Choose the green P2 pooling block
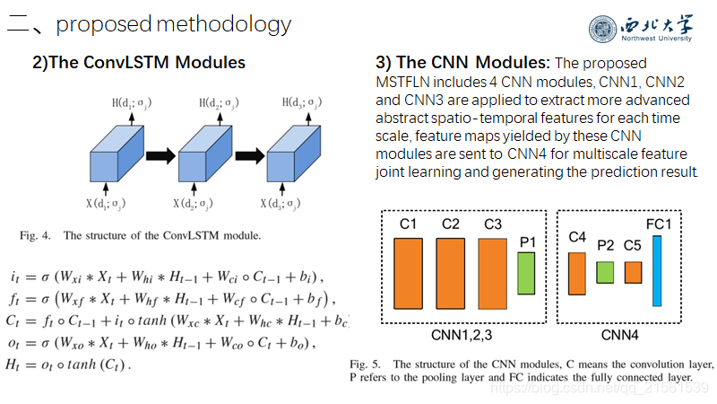(x=605, y=272)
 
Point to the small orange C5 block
(x=633, y=272)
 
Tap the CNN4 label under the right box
(x=621, y=335)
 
